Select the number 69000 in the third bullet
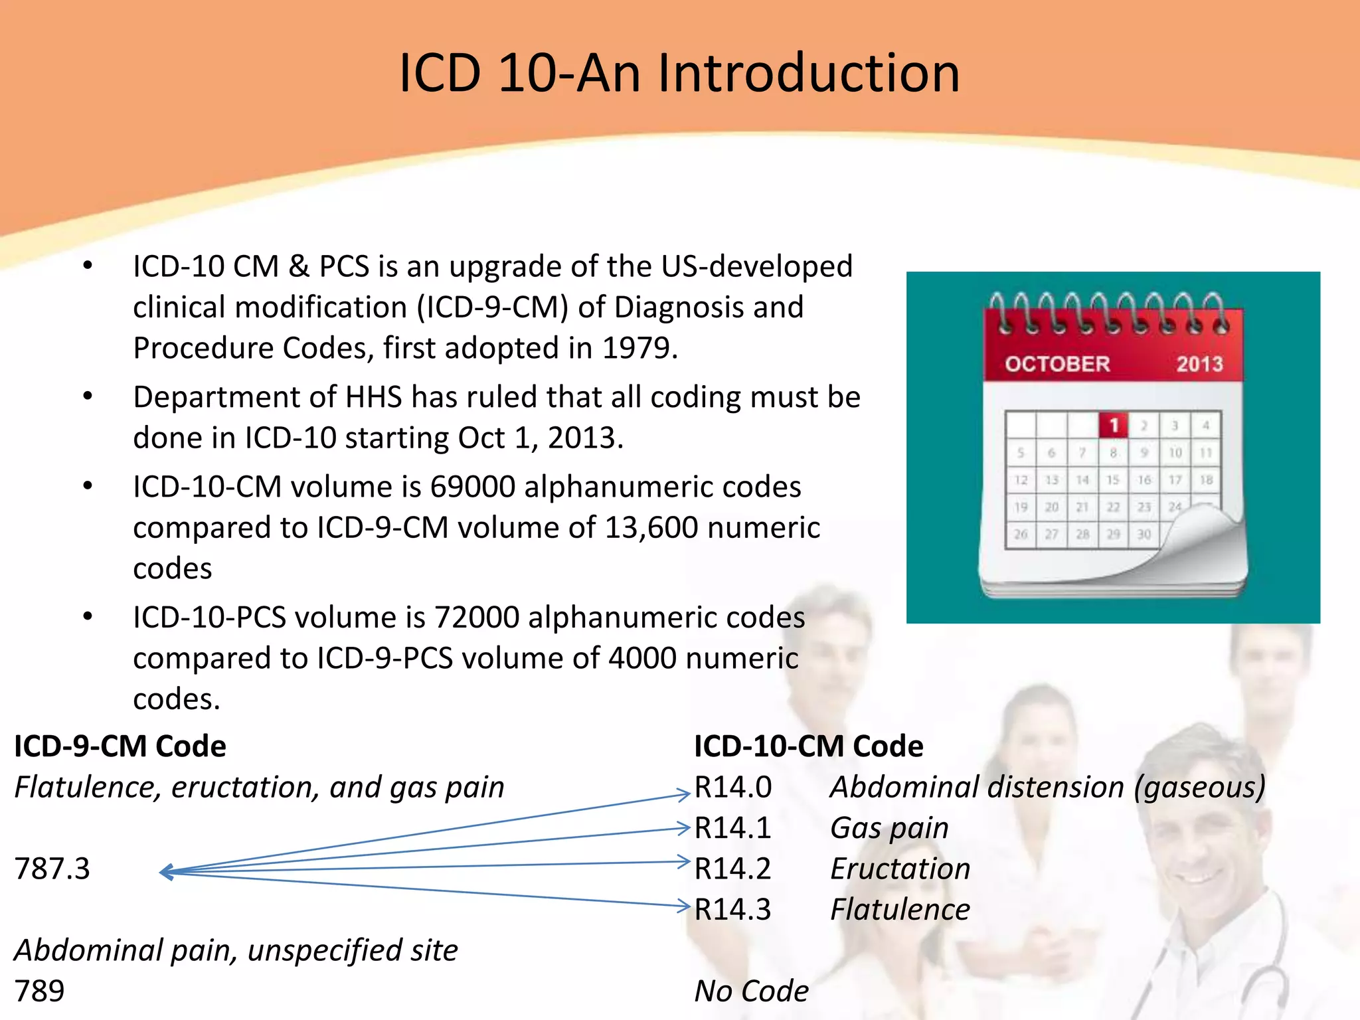(x=473, y=487)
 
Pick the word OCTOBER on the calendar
(x=1057, y=364)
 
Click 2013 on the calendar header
(x=1199, y=364)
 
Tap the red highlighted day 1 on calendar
(x=1114, y=425)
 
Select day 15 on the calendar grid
(x=1113, y=479)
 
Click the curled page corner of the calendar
(x=1195, y=531)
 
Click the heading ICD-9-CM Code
(x=120, y=746)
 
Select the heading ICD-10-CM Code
(x=808, y=746)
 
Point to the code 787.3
(x=52, y=869)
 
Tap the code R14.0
(x=732, y=788)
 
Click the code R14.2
(x=732, y=869)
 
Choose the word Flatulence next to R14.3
(x=900, y=910)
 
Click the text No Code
(x=751, y=991)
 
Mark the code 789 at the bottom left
(x=39, y=991)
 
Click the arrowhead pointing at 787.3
(x=166, y=872)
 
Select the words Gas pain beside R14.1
(x=889, y=828)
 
